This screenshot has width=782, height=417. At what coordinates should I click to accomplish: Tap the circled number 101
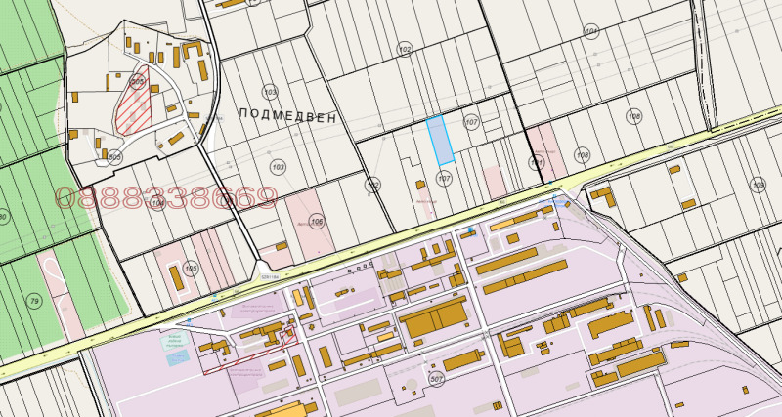pyautogui.click(x=590, y=32)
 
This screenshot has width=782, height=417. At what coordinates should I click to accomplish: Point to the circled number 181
pyautogui.click(x=535, y=161)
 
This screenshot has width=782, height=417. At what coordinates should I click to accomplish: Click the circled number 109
pyautogui.click(x=758, y=184)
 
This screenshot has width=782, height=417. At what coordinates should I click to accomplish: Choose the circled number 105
pyautogui.click(x=316, y=222)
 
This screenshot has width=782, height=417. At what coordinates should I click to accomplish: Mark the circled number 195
pyautogui.click(x=191, y=268)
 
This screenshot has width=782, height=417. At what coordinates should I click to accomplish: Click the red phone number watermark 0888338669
pyautogui.click(x=166, y=199)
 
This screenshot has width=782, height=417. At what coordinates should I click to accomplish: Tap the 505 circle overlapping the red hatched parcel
pyautogui.click(x=138, y=84)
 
